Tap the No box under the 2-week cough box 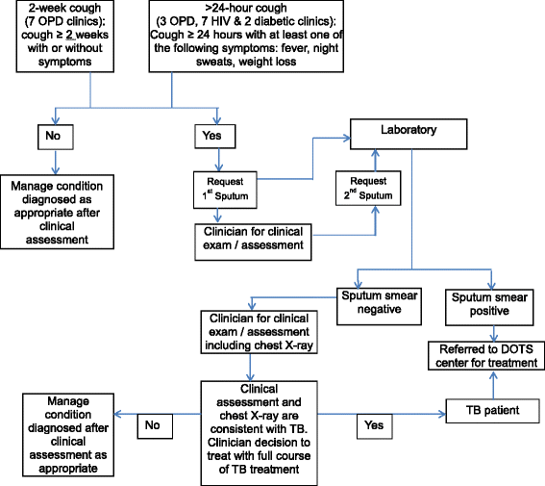click(53, 136)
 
